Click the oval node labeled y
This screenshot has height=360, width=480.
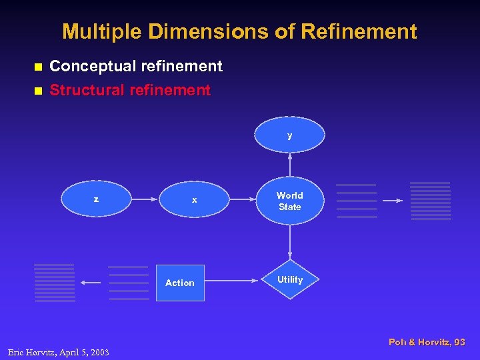290,135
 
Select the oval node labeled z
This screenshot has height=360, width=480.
97,199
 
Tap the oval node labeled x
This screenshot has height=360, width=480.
194,199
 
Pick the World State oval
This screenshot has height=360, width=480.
290,201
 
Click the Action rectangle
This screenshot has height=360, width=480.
180,283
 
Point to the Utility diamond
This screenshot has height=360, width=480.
290,280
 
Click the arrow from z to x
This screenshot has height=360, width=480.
145,199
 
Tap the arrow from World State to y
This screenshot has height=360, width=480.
290,165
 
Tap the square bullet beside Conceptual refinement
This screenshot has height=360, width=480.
38,67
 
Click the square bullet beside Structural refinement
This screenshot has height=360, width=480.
38,90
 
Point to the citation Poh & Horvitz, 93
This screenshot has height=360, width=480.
427,342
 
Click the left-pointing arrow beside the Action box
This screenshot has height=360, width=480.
91,283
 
